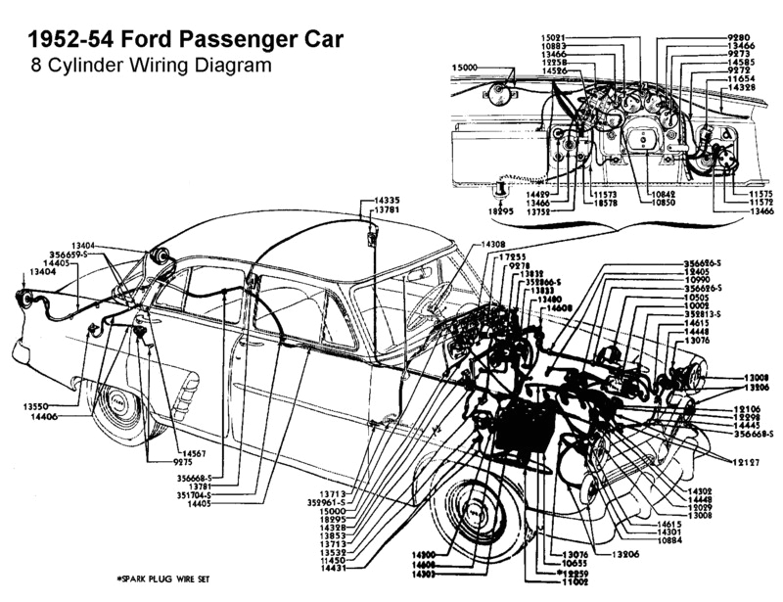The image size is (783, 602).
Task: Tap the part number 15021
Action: pos(554,37)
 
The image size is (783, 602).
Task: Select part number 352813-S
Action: pos(704,315)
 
